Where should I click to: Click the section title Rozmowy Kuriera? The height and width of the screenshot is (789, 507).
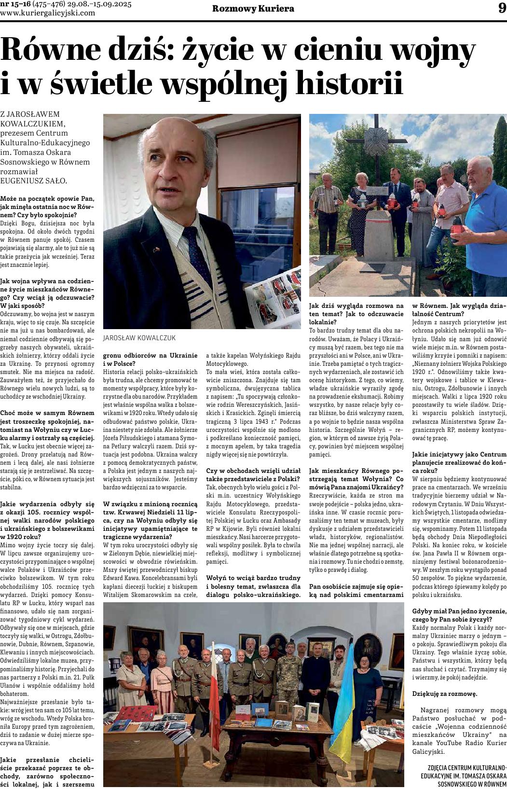pos(253,9)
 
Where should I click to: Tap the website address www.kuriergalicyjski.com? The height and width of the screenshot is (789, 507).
pos(47,13)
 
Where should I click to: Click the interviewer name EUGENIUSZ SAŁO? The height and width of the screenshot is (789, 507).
pos(34,180)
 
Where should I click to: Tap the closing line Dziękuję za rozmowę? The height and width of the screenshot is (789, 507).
pos(444,693)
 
